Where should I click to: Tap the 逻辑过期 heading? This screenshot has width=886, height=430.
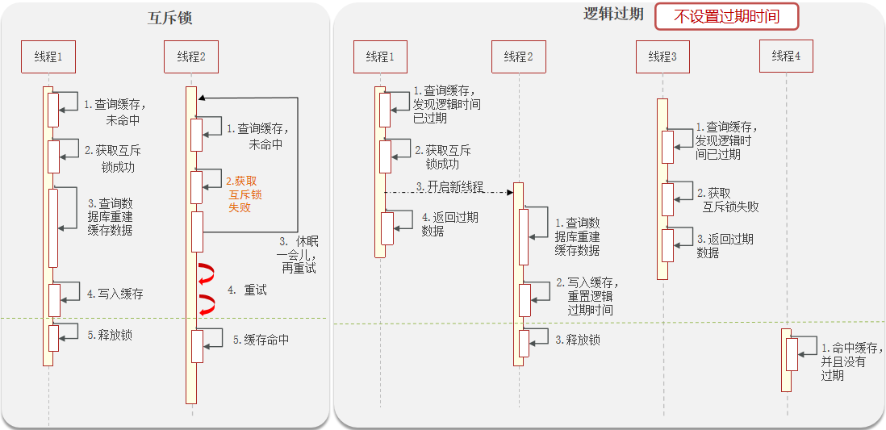tap(612, 15)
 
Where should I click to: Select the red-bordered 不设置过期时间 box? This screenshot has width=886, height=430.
tap(726, 16)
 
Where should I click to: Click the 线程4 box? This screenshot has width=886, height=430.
tap(785, 56)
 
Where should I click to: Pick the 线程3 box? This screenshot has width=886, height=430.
tap(662, 56)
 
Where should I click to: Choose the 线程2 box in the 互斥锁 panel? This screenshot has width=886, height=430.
tap(191, 56)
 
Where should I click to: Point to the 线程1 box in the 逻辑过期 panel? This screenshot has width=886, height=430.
tap(380, 56)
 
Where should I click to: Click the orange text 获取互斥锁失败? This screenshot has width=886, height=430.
tap(244, 194)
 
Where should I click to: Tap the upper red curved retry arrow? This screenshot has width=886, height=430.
tap(207, 273)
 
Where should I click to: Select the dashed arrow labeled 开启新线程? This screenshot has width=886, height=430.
tap(449, 192)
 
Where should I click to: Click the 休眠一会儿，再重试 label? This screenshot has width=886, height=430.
tap(297, 253)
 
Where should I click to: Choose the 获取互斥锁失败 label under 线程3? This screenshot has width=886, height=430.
tap(728, 199)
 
